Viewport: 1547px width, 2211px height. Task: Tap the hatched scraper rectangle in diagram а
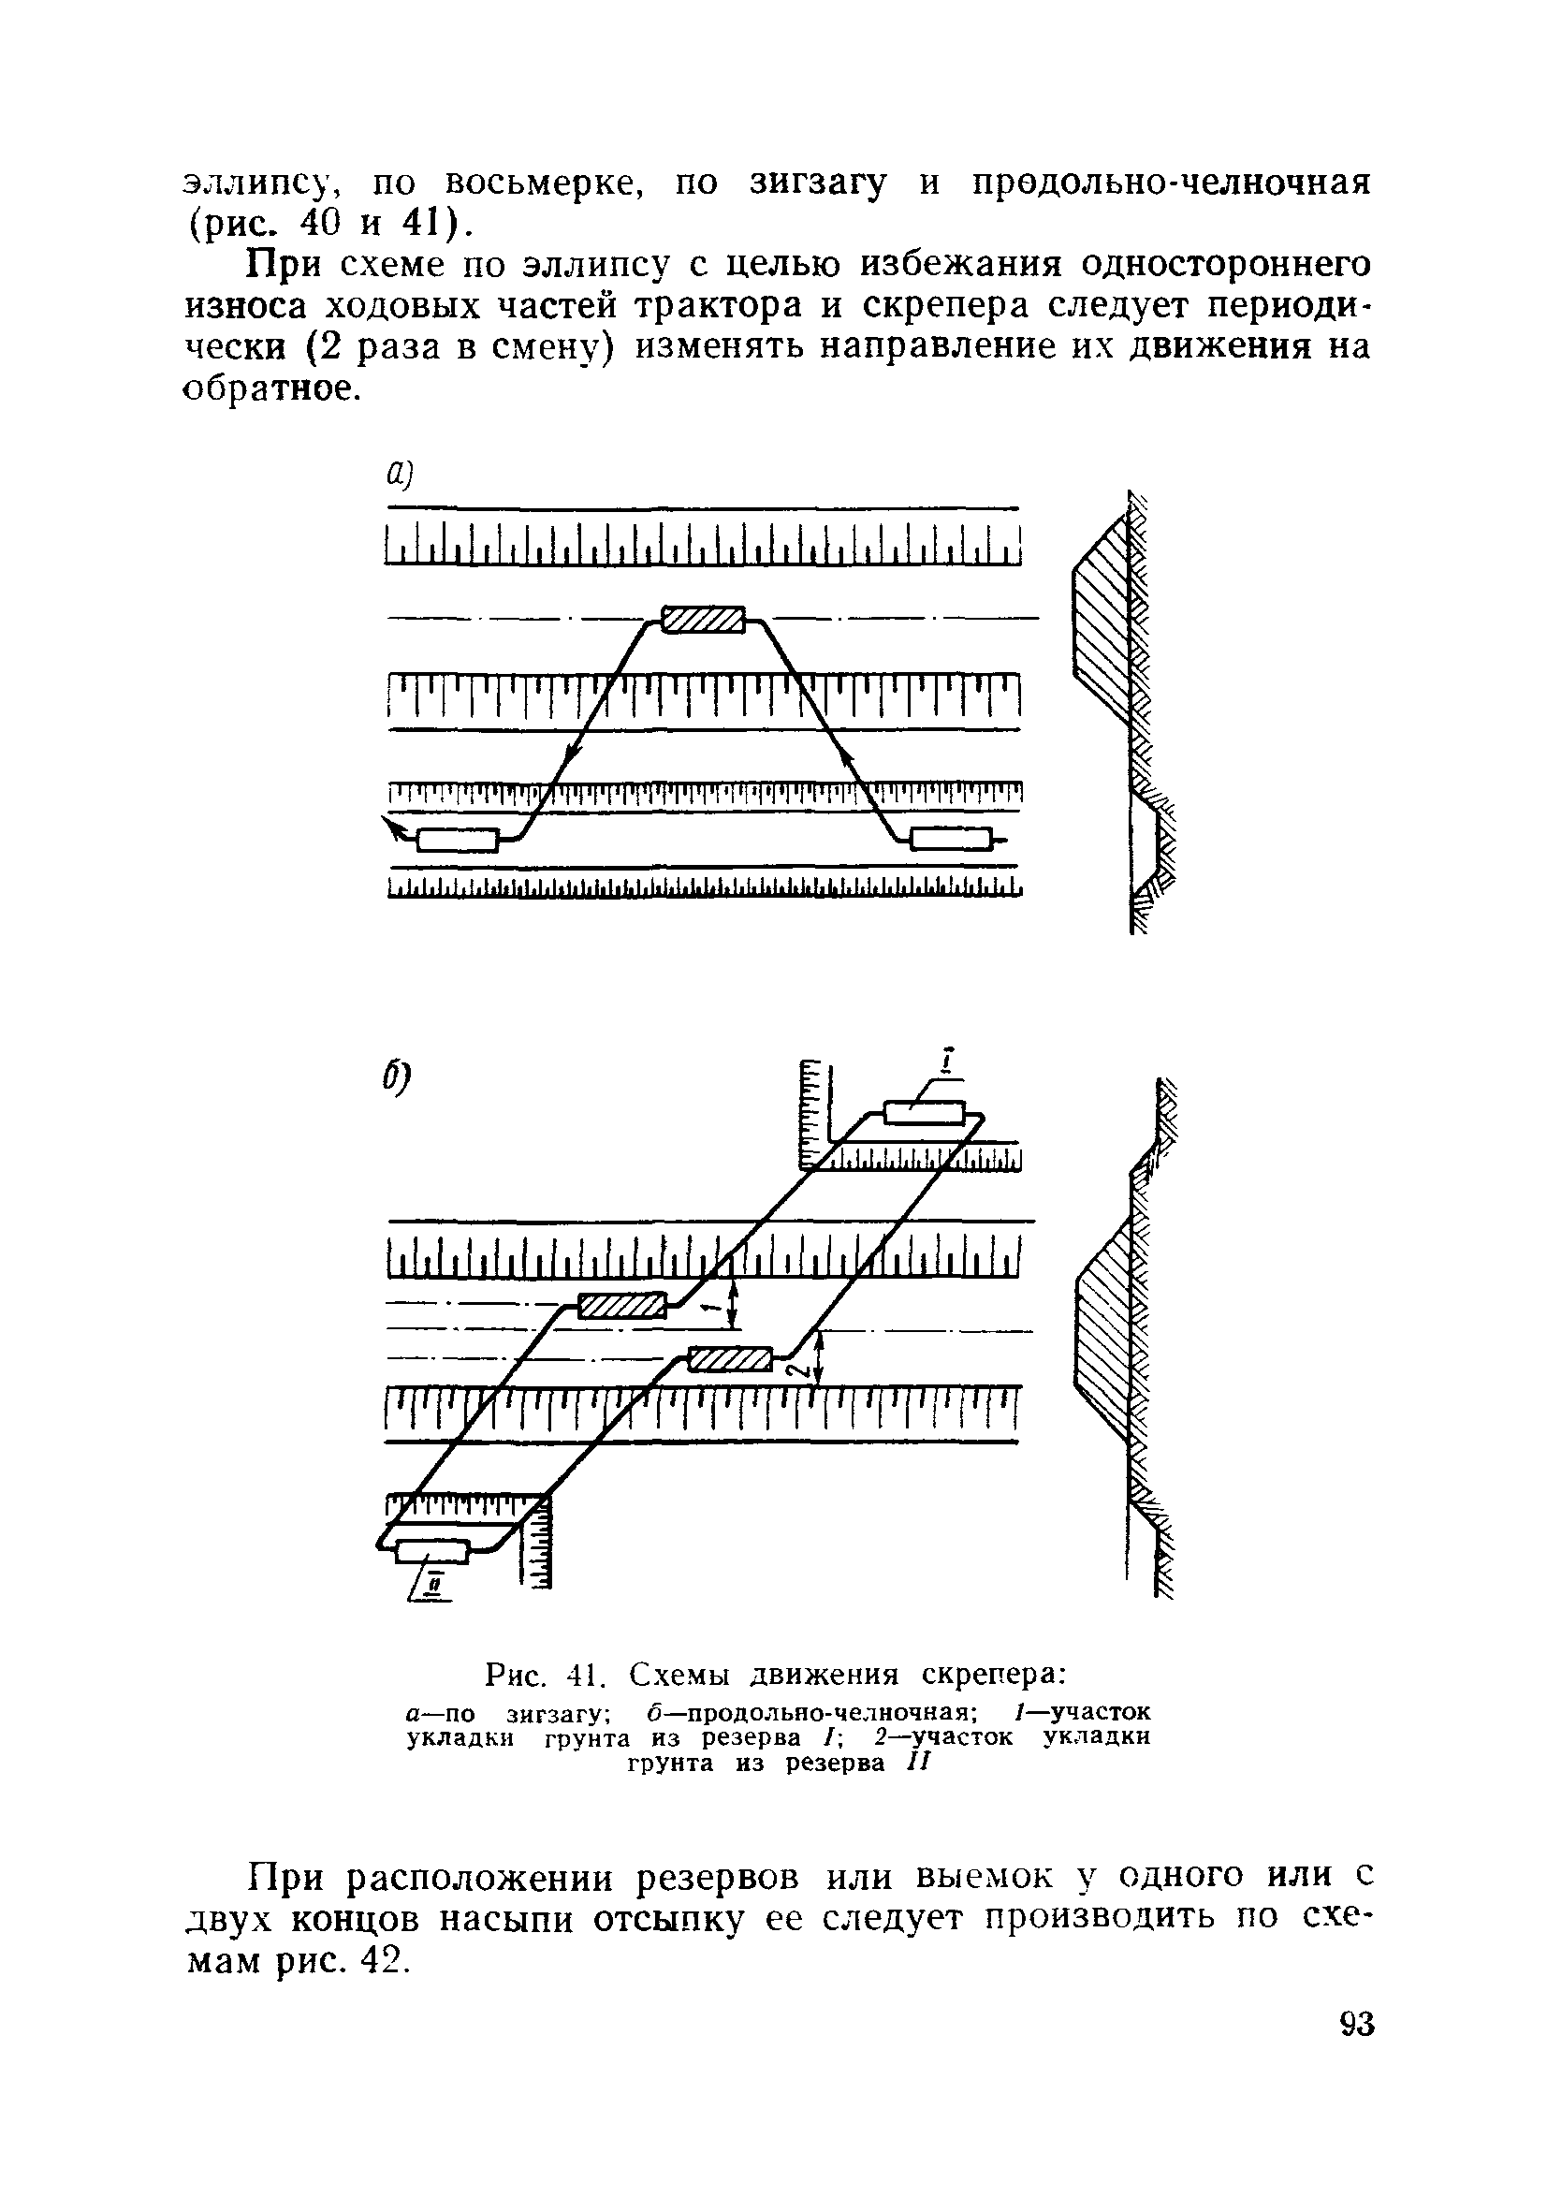(x=704, y=619)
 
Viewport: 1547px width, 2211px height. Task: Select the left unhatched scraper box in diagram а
(x=459, y=840)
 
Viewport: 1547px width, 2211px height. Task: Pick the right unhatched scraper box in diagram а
(x=950, y=840)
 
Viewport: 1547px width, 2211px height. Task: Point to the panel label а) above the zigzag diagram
(x=399, y=474)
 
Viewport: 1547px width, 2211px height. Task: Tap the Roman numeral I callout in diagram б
(x=948, y=1062)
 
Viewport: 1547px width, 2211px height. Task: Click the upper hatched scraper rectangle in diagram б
(x=621, y=1306)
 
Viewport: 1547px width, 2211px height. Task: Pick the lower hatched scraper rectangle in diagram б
(x=732, y=1359)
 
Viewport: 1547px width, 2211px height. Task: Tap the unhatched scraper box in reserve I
(x=924, y=1112)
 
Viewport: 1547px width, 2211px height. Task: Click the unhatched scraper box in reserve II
(x=432, y=1550)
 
